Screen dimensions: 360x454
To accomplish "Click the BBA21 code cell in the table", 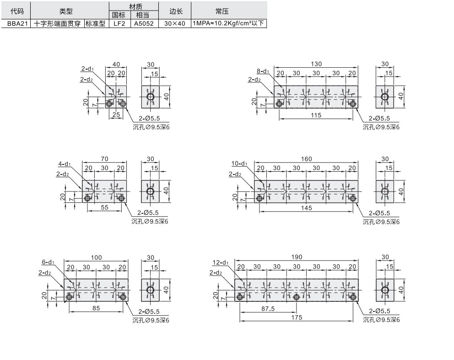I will (x=16, y=23).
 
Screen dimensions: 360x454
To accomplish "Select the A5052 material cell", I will (x=144, y=23).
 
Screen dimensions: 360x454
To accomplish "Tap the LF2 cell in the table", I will (x=119, y=23).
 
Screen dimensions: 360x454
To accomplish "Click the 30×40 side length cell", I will (x=174, y=23).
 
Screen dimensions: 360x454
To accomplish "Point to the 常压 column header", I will (x=228, y=11).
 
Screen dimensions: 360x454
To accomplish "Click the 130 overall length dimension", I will (x=316, y=64).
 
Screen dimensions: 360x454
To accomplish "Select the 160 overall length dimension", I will (x=306, y=159).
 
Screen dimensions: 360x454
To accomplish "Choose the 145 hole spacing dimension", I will (x=306, y=208).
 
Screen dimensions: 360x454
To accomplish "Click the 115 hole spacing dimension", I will (x=316, y=115).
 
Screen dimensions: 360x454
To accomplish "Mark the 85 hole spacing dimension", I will (x=96, y=308).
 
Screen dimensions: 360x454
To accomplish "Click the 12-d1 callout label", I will (x=220, y=263).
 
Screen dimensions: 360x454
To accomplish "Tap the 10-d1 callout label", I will (x=239, y=164).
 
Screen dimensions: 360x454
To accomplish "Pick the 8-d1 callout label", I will (x=263, y=71).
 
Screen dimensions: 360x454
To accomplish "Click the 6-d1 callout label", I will (x=48, y=262).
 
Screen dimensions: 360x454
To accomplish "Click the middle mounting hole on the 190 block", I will (x=297, y=297).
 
